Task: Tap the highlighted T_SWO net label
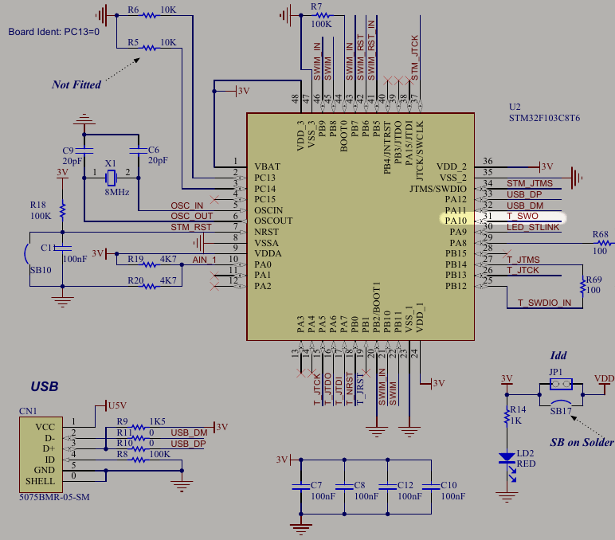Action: (523, 217)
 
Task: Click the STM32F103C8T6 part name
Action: (544, 118)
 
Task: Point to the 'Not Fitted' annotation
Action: (76, 84)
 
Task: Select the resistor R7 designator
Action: (317, 6)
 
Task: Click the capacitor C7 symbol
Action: (300, 486)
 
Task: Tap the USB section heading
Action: (44, 387)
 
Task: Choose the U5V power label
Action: (118, 405)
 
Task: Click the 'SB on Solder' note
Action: (582, 443)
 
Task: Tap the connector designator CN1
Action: (28, 411)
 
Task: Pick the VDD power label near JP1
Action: (604, 378)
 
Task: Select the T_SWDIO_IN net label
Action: (544, 303)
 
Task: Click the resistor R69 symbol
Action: (579, 284)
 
